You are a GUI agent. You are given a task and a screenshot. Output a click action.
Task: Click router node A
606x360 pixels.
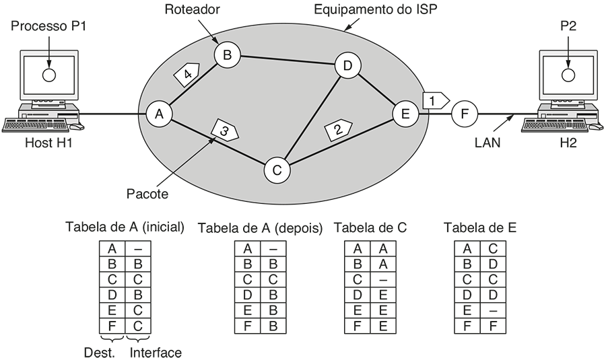coord(159,114)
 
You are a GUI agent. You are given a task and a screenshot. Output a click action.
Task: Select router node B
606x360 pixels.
coord(227,55)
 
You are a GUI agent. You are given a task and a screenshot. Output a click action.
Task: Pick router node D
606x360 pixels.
coord(347,65)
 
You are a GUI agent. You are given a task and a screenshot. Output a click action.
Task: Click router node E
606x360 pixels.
coord(405,114)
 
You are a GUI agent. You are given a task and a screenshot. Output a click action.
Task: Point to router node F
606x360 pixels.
coord(463,114)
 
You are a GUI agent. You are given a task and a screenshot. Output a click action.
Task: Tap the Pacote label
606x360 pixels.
coord(147,194)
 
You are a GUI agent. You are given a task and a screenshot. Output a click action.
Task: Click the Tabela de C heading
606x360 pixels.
coord(370,228)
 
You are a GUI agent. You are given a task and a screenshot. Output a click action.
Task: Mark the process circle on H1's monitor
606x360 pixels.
coord(48,74)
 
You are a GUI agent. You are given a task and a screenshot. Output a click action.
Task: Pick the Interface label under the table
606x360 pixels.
coord(156,352)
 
